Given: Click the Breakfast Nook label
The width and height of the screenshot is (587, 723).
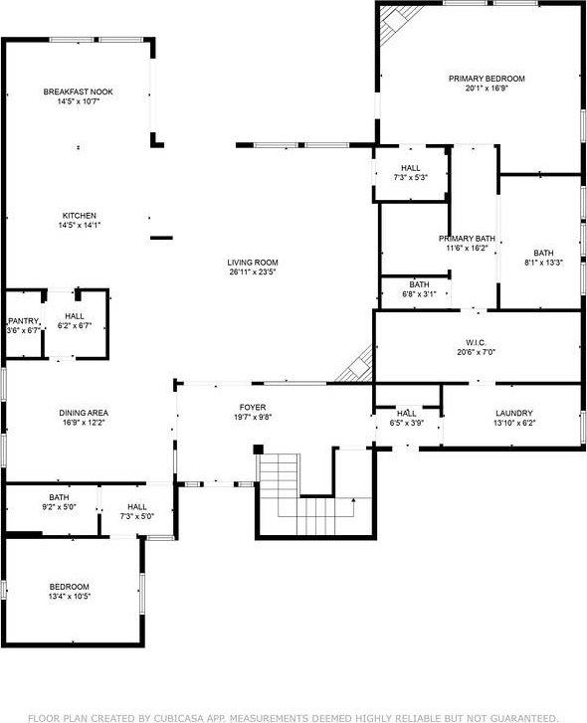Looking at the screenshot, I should pyautogui.click(x=78, y=91).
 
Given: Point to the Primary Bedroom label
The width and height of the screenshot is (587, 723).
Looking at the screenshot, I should pyautogui.click(x=487, y=79).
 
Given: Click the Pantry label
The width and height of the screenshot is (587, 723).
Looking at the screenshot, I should pyautogui.click(x=22, y=320).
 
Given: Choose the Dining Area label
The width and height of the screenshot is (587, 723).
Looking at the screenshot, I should pyautogui.click(x=84, y=413).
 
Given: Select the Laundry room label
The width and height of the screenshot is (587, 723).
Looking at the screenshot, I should pyautogui.click(x=514, y=413).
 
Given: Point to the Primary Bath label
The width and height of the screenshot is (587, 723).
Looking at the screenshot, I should pyautogui.click(x=468, y=239).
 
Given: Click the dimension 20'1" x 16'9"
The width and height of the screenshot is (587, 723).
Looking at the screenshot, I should pyautogui.click(x=487, y=88).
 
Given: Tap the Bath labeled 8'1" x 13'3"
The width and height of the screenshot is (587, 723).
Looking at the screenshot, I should pyautogui.click(x=543, y=253).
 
